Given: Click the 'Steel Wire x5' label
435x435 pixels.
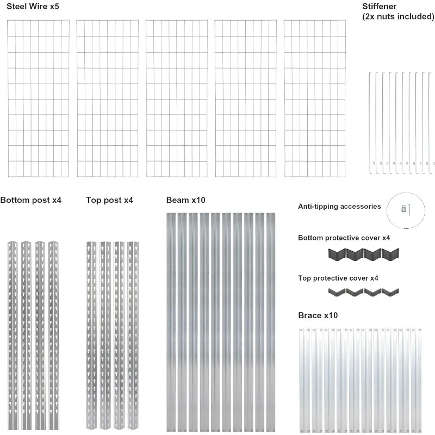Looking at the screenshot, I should (33, 7).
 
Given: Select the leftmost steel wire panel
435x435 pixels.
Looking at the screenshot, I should (38, 98).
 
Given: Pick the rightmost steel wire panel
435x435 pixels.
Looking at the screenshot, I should (315, 98).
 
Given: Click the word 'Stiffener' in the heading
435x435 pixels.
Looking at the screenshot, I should (379, 7).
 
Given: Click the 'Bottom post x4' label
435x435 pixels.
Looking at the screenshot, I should (31, 200).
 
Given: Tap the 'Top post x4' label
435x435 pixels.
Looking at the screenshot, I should (109, 200).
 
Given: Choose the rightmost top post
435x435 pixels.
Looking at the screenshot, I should (132, 332).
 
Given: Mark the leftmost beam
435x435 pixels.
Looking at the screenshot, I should (171, 321).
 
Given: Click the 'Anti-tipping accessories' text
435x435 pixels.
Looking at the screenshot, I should (339, 207).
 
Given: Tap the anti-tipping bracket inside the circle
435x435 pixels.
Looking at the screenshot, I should (403, 208).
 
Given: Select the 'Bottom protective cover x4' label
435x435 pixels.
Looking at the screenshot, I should (344, 238).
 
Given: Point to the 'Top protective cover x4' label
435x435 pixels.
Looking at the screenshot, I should (338, 278).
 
